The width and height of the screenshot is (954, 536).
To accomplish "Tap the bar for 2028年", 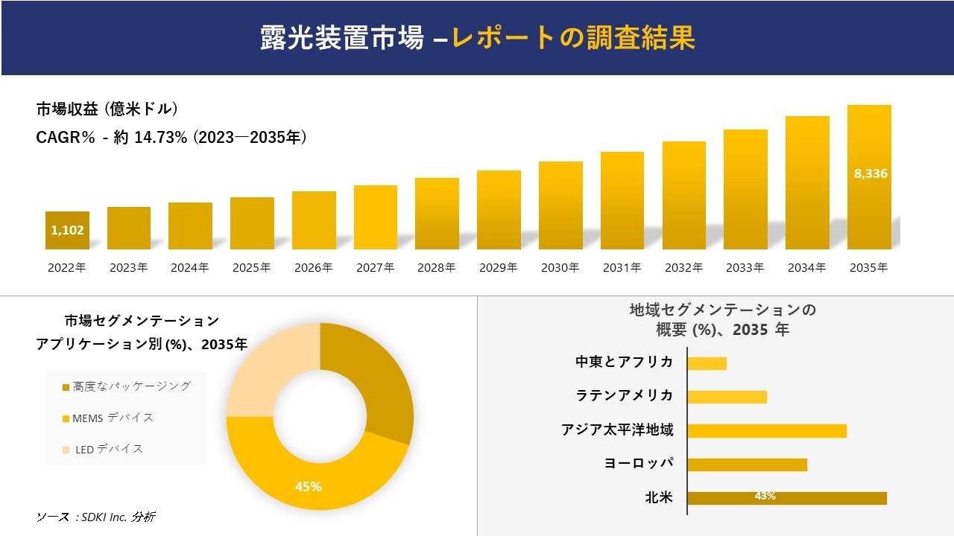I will pyautogui.click(x=437, y=214).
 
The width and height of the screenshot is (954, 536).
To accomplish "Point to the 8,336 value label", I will pyautogui.click(x=870, y=173).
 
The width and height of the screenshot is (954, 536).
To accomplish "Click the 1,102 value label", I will pyautogui.click(x=67, y=230).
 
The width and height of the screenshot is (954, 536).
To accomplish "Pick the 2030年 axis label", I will pyautogui.click(x=560, y=268).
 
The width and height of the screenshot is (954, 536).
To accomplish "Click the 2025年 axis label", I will pyautogui.click(x=252, y=268).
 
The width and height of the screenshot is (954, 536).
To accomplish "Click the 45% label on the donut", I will pyautogui.click(x=308, y=486).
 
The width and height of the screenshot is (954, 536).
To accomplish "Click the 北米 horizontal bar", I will pyautogui.click(x=786, y=498).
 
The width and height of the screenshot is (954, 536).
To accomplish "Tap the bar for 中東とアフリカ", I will pyautogui.click(x=707, y=363).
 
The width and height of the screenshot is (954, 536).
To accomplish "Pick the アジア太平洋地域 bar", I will pyautogui.click(x=766, y=430).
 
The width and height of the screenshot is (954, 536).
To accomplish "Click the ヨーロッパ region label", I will pyautogui.click(x=639, y=463).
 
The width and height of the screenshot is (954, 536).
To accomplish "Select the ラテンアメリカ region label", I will pyautogui.click(x=624, y=395).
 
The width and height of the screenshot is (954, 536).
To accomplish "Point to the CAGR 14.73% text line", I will pyautogui.click(x=171, y=138).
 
